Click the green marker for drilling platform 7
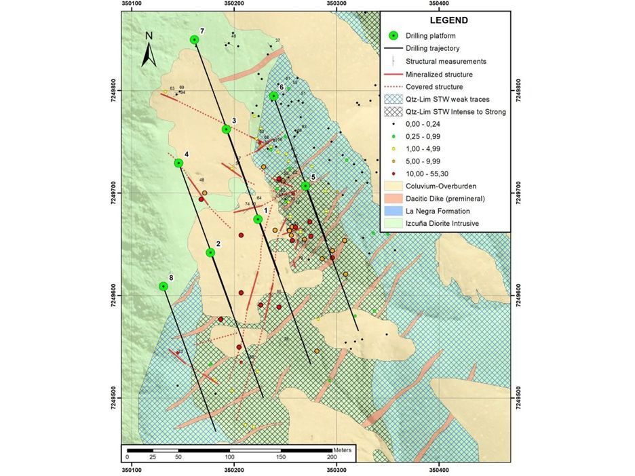(195, 39)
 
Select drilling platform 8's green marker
(163, 286)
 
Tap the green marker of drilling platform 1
(258, 219)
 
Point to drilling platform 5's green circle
(305, 185)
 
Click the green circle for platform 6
(273, 96)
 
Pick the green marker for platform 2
(210, 252)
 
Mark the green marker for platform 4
(178, 163)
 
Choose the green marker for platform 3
(226, 129)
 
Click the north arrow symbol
(149, 51)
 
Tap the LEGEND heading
(448, 20)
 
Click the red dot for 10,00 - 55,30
(392, 172)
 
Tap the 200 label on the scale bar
(332, 459)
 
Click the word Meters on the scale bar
(343, 450)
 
